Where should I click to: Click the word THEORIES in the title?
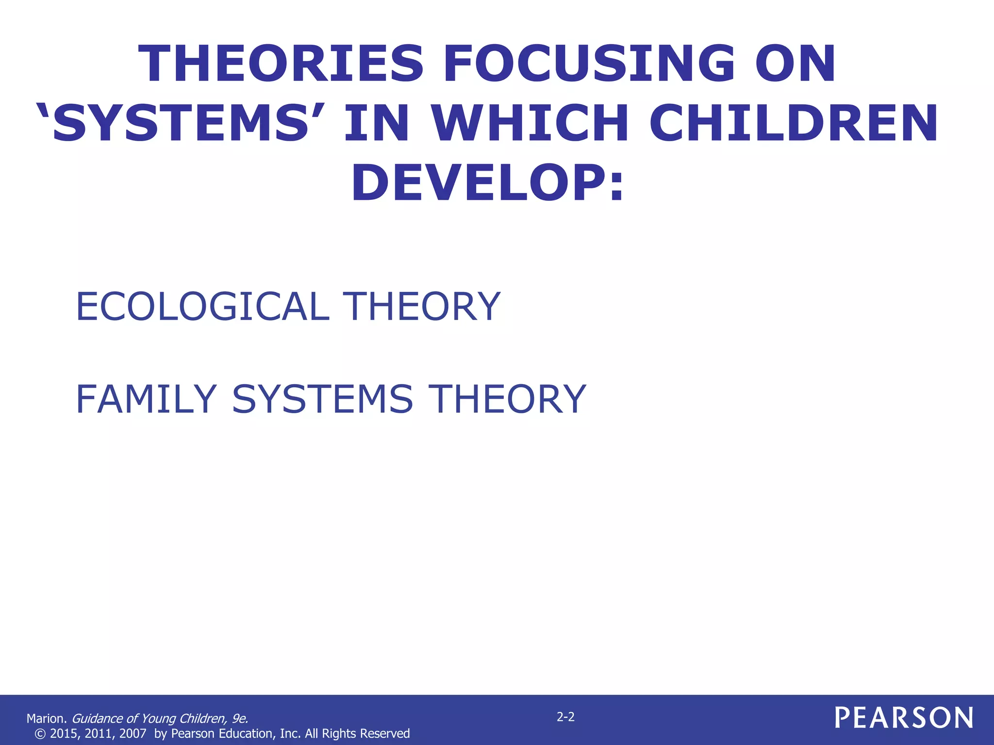click(x=281, y=64)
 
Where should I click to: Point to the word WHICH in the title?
click(x=530, y=123)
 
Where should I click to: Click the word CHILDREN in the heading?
click(x=794, y=123)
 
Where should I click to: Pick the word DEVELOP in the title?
click(x=478, y=183)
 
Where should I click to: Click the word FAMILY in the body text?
click(x=146, y=399)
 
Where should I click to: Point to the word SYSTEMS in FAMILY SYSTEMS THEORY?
click(x=322, y=399)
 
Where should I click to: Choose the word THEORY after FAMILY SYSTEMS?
click(x=510, y=399)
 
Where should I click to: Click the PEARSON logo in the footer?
click(x=904, y=717)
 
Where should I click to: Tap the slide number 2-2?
click(x=565, y=717)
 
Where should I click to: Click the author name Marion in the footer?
click(x=46, y=718)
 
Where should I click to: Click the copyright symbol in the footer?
click(x=41, y=734)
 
